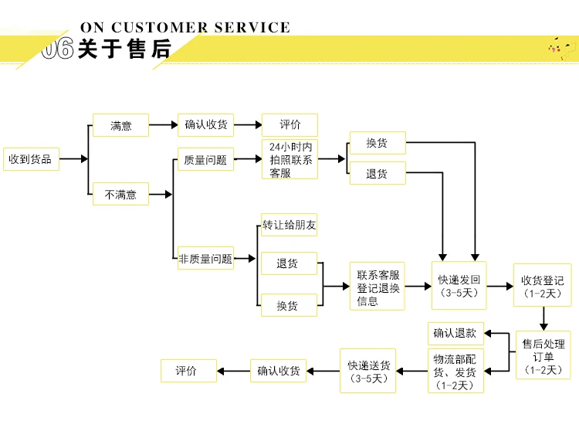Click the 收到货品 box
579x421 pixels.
(31, 159)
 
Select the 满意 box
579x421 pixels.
(120, 125)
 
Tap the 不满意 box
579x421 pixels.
(120, 194)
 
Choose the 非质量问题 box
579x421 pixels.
(205, 258)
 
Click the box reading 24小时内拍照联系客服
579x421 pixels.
(289, 159)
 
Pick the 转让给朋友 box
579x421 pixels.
(289, 225)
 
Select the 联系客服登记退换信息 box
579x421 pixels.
(378, 286)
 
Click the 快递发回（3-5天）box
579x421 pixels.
(459, 285)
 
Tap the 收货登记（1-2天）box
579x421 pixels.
(543, 285)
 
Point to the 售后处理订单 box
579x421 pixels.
(543, 355)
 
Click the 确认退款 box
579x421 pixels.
(455, 334)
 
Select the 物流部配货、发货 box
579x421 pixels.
(455, 371)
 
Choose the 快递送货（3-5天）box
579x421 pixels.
(367, 371)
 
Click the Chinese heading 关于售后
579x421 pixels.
(125, 49)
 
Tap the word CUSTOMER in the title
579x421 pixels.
(160, 27)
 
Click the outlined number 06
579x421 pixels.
(58, 49)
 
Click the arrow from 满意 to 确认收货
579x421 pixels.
(163, 125)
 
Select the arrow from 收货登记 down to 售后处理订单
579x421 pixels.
(543, 318)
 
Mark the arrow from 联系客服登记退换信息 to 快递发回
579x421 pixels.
(418, 286)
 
